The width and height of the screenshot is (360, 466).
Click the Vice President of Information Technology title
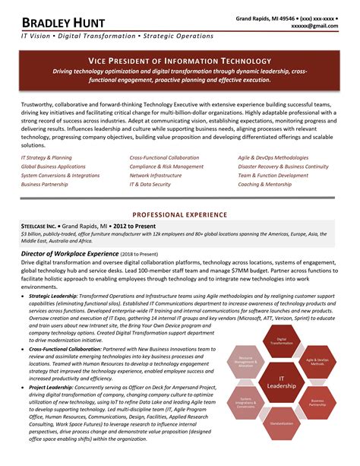pos(179,60)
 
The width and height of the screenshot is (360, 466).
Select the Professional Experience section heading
pos(180,215)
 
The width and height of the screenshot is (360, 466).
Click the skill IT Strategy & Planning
pos(47,157)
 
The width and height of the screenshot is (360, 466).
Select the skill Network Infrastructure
pos(156,175)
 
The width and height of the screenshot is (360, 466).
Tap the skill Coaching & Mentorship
pos(264,184)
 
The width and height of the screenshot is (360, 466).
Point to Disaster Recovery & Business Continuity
pos(283,166)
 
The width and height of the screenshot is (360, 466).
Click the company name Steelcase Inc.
pos(39,227)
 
